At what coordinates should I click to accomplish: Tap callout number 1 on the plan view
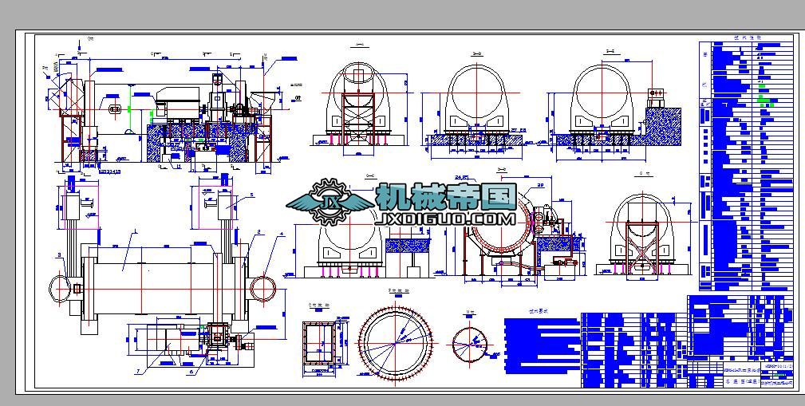(x=136, y=232)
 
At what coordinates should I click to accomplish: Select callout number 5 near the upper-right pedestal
(x=251, y=195)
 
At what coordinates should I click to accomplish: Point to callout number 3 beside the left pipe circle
(x=59, y=255)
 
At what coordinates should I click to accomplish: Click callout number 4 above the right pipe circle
(x=281, y=235)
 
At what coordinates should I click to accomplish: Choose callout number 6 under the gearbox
(x=191, y=371)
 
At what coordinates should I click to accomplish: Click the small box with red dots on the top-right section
(x=658, y=96)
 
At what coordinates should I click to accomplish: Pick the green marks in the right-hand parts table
(x=766, y=101)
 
